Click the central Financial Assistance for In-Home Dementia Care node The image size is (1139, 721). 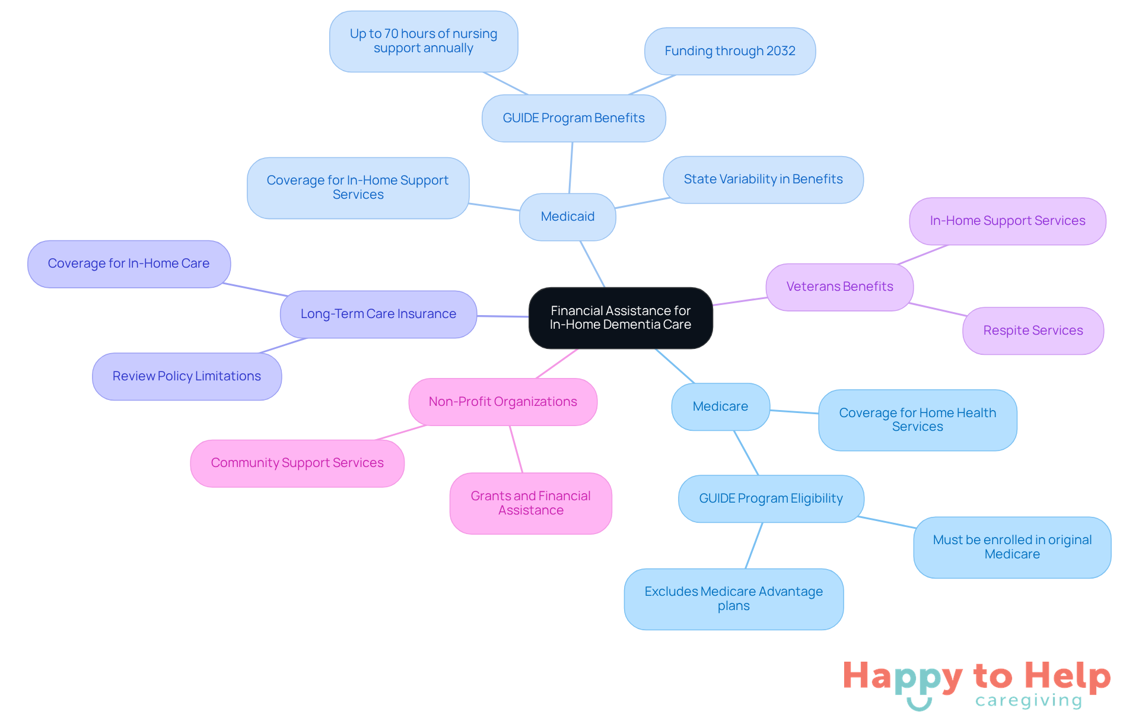tap(621, 317)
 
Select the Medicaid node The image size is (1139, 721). tap(568, 217)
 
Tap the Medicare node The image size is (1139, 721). tap(720, 406)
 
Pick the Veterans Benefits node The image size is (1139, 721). tap(839, 287)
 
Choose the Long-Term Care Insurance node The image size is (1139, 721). tap(378, 314)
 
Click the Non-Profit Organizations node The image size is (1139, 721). tap(502, 402)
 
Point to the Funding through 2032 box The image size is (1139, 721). tap(730, 51)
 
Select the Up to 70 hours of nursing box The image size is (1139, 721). tap(424, 41)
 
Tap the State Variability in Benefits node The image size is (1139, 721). tap(763, 179)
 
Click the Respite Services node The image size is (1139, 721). tap(1033, 331)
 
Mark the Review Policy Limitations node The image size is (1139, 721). tap(187, 376)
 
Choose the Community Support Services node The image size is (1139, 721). tap(297, 463)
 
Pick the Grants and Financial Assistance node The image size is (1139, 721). tap(530, 503)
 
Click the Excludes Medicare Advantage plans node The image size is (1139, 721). tap(733, 599)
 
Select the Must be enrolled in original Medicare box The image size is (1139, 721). tap(1012, 547)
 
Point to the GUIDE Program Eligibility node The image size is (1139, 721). tap(771, 498)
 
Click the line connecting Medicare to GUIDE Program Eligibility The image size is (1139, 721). tap(746, 453)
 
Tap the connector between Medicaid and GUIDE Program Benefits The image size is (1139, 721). tap(571, 168)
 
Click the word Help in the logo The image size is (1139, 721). tap(1068, 676)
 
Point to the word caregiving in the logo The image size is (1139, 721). tap(1029, 701)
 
